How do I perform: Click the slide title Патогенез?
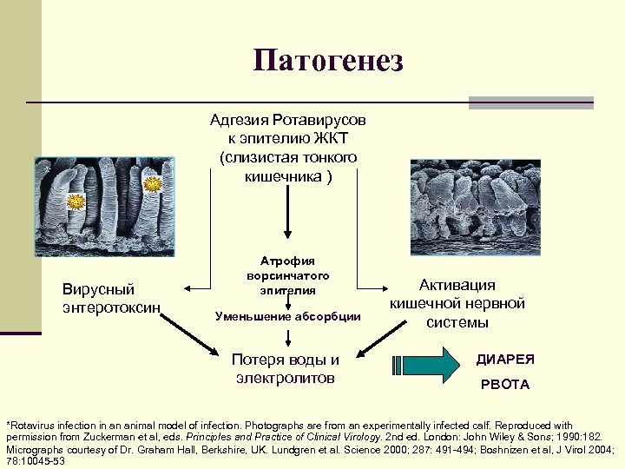click(329, 61)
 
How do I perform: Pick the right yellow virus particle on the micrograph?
click(154, 184)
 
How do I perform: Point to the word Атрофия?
click(287, 261)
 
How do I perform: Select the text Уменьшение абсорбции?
click(287, 316)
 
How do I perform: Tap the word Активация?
click(457, 285)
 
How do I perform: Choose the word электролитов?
click(286, 378)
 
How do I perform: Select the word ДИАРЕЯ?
click(505, 359)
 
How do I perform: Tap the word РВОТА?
click(503, 384)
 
